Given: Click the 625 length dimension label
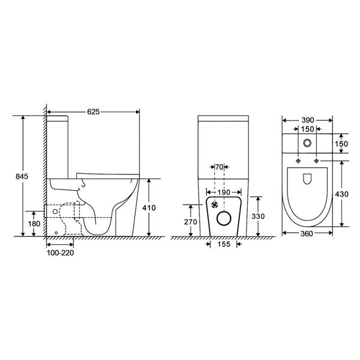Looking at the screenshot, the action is [94, 112].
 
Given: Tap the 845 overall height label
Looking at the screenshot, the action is [22, 176].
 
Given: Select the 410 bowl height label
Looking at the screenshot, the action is [149, 208].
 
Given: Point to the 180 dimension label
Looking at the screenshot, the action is [34, 224].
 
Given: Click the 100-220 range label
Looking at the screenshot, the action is [61, 253].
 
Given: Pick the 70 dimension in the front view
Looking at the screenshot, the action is [219, 167].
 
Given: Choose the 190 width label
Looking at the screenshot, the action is [224, 193].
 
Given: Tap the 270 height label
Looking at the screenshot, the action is [191, 222].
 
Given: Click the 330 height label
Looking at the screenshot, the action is [258, 216].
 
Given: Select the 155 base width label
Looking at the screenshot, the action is [224, 244].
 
